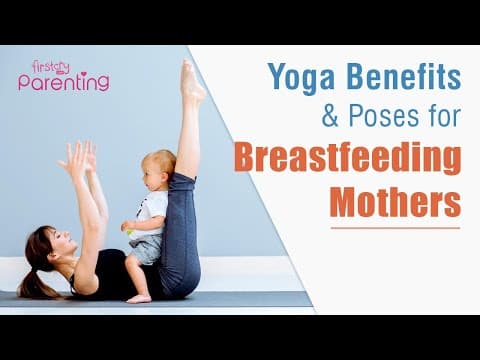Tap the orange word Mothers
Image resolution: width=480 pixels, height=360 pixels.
(396, 201)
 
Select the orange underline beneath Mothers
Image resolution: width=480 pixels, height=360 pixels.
(396, 229)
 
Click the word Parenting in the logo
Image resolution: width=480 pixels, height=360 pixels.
(64, 83)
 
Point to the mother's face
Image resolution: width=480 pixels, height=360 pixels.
(57, 246)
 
